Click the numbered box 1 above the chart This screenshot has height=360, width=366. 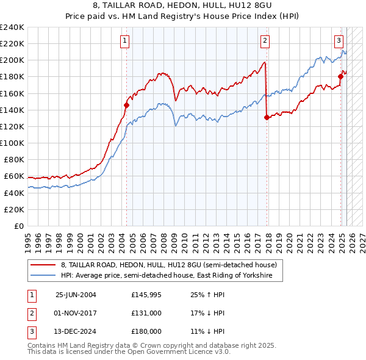[124, 41]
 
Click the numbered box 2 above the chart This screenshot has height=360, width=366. [265, 41]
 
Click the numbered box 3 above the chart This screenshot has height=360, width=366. [339, 41]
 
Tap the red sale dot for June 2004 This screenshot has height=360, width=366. [127, 105]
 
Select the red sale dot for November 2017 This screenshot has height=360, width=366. [267, 118]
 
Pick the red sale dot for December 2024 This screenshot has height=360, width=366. [341, 77]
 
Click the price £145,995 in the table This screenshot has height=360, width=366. [146, 295]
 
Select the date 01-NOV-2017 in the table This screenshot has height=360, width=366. [76, 313]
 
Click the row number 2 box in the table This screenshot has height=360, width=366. [30, 313]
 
